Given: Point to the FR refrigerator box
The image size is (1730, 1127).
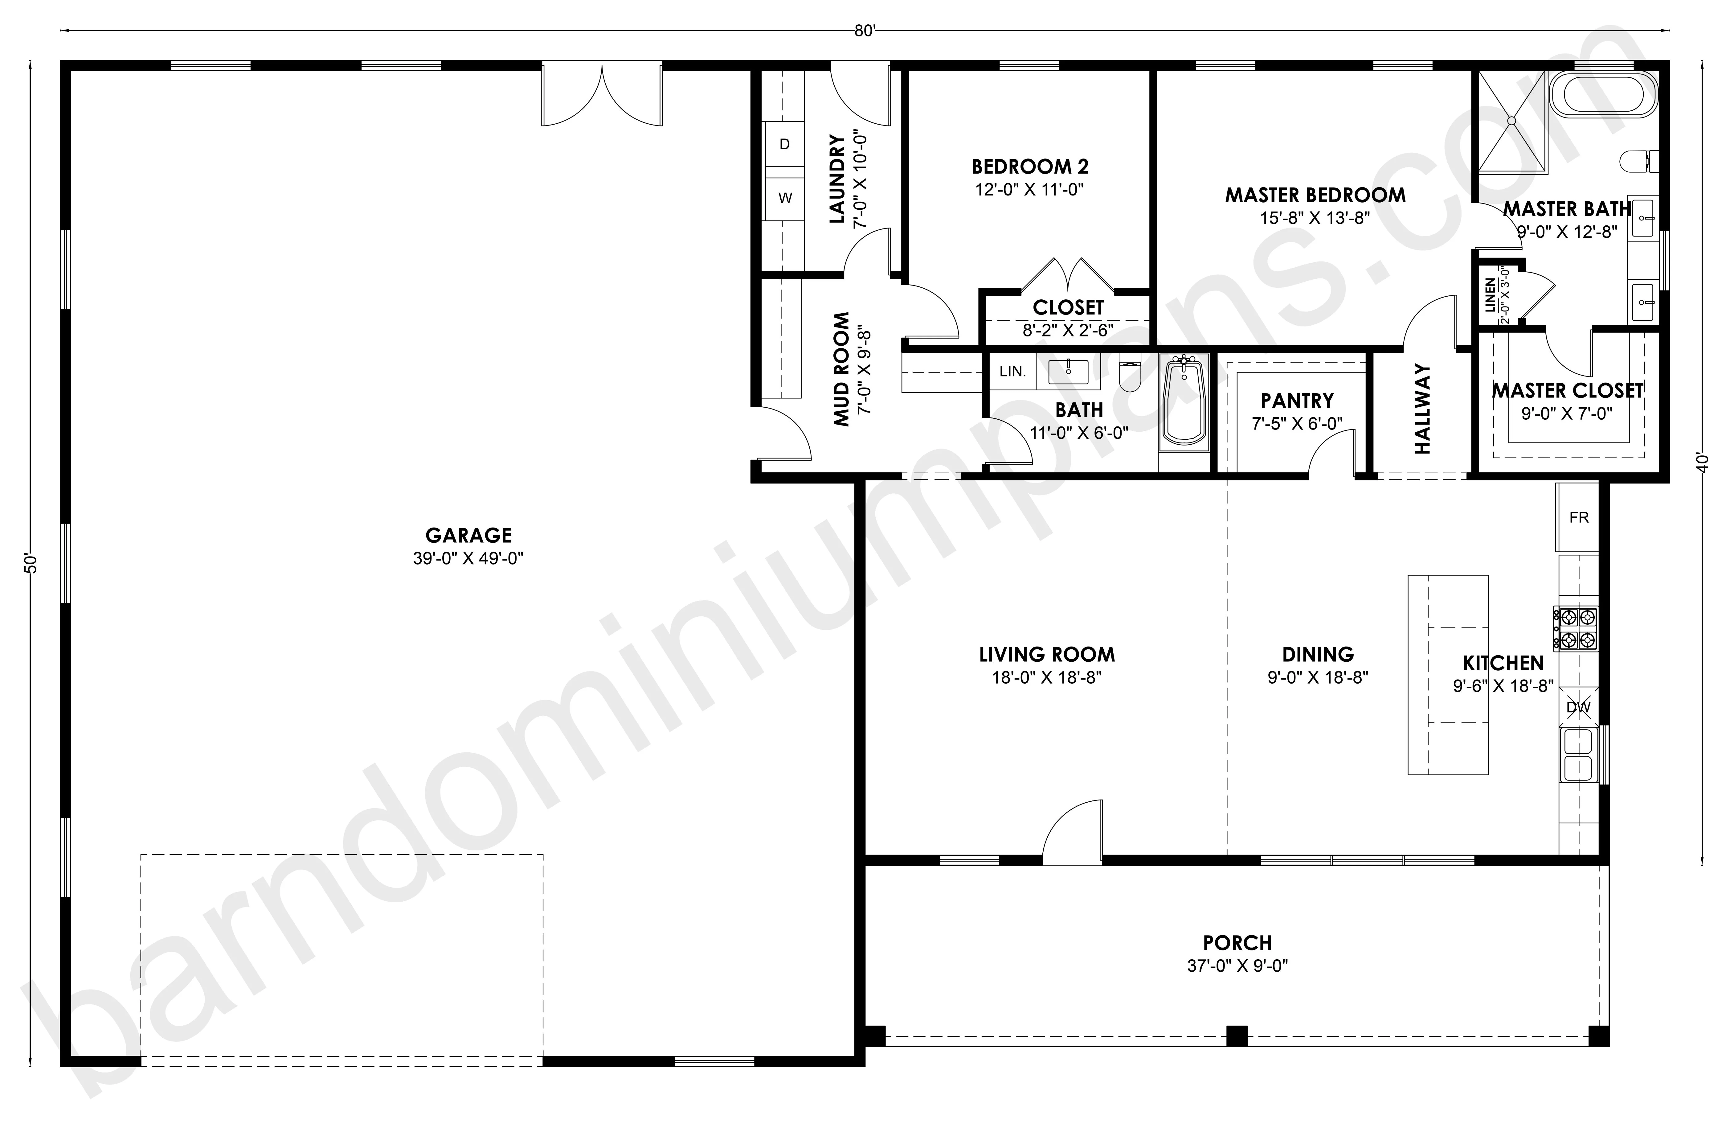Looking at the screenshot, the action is pyautogui.click(x=1578, y=518).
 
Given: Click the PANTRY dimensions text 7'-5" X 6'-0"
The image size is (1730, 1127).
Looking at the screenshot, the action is pyautogui.click(x=1297, y=423).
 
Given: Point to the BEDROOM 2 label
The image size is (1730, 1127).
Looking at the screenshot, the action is pyautogui.click(x=1030, y=167).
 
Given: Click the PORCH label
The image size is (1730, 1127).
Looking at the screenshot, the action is pyautogui.click(x=1237, y=943).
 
